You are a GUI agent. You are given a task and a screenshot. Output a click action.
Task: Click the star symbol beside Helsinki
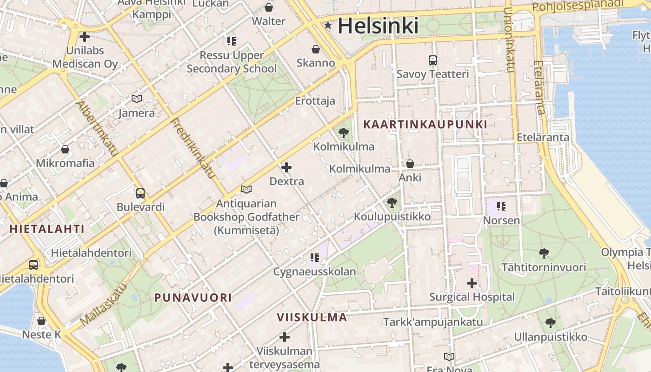[328, 26]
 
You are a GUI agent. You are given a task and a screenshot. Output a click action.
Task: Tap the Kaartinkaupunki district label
[425, 125]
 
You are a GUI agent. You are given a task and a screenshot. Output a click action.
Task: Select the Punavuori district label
[193, 298]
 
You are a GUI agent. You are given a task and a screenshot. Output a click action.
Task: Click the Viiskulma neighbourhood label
[312, 318]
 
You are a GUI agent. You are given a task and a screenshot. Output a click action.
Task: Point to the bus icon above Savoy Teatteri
[433, 60]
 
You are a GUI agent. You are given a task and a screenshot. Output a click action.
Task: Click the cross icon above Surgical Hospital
[472, 283]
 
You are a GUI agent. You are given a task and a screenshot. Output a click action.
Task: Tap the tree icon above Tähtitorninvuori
[544, 253]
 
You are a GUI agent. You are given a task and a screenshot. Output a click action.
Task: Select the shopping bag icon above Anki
[410, 164]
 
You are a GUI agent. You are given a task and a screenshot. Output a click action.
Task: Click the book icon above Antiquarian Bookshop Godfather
[246, 190]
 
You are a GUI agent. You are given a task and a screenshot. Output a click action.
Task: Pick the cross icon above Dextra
[287, 167]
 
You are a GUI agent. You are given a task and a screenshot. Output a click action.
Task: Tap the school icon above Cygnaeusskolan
[315, 257]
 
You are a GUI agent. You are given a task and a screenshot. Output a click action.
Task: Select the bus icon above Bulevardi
[140, 193]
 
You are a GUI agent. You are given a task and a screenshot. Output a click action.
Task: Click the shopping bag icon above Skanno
[316, 49]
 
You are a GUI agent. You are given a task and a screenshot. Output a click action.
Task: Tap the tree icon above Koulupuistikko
[392, 203]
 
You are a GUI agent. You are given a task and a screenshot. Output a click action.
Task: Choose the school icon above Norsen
[501, 206]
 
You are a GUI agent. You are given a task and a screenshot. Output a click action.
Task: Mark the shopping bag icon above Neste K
[41, 321]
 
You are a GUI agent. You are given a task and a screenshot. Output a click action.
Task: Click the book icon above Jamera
[136, 99]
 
